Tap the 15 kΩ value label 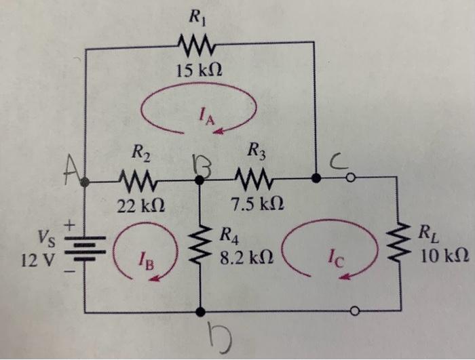[197, 70]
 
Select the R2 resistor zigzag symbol [139, 182]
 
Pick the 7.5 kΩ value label [256, 204]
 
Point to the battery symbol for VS [85, 247]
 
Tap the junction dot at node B [199, 181]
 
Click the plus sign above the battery [69, 224]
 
